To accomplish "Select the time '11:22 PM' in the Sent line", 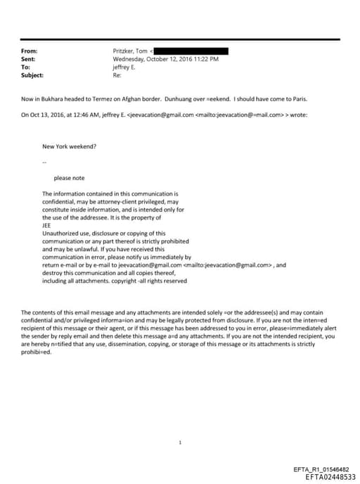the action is pos(205,60).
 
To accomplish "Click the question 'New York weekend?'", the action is pos(70,146).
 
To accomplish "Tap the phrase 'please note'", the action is pos(69,178).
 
